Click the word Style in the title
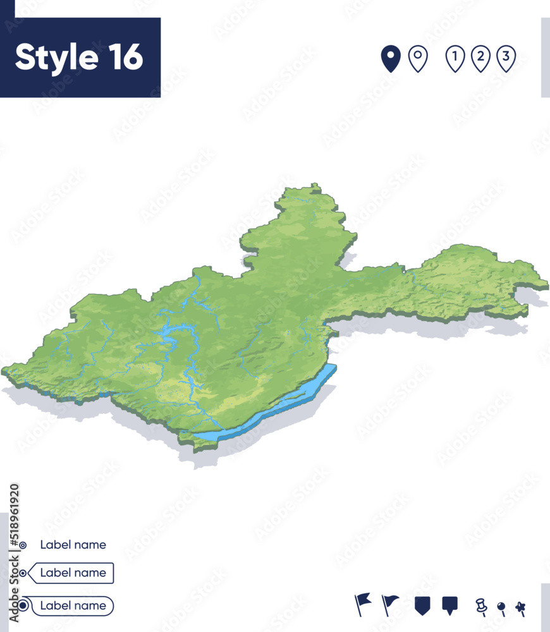pos(55,58)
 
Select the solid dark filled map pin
pos(391,59)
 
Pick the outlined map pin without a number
pos(418,59)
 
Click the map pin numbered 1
pos(455,59)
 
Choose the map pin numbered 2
pos(480,59)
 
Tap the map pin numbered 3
pos(506,59)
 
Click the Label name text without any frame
pos(73,545)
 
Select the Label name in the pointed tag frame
pos(73,573)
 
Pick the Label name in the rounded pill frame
pos(73,605)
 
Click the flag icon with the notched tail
pos(363,604)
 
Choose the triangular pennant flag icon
pos(391,604)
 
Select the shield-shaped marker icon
pos(422,605)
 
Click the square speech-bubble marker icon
pos(450,605)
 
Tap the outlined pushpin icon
pos(481,606)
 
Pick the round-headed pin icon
pos(502,608)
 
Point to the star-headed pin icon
pos(520,607)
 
